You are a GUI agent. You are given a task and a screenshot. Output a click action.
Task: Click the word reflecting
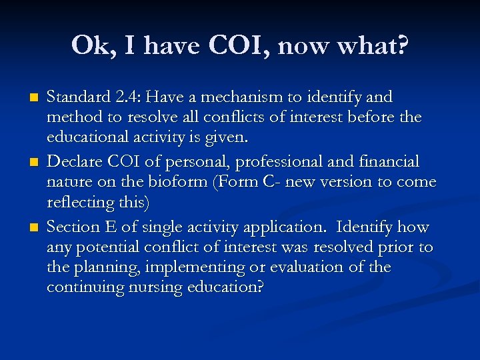pyautogui.click(x=77, y=202)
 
